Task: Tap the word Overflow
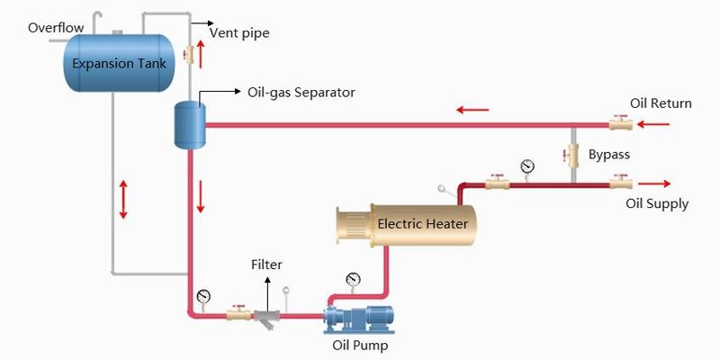click(x=56, y=27)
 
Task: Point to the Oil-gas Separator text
click(x=301, y=92)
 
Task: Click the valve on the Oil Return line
click(x=619, y=123)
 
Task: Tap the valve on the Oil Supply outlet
click(x=620, y=184)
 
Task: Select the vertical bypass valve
click(x=571, y=155)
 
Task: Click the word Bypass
click(x=609, y=155)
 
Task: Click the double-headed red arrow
click(x=123, y=199)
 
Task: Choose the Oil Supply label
click(x=657, y=203)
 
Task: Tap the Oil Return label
click(x=661, y=103)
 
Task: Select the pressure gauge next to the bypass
click(x=526, y=166)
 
